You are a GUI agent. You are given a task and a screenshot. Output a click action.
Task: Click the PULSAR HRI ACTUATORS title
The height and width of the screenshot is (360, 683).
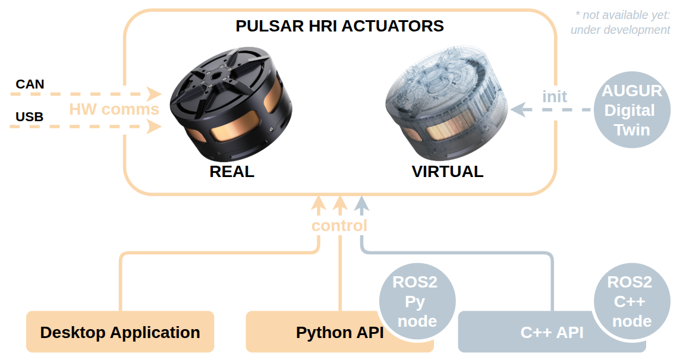click(x=339, y=27)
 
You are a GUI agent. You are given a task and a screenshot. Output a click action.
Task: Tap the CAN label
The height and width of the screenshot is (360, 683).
click(x=30, y=84)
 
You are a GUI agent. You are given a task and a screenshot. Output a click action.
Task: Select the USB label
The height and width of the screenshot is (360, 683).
click(x=30, y=117)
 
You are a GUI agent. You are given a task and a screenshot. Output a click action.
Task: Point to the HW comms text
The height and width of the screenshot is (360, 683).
click(x=114, y=109)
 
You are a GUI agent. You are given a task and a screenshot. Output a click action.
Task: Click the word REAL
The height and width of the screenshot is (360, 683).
click(x=232, y=172)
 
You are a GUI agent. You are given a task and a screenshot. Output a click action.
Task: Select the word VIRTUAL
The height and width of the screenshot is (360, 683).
click(x=448, y=172)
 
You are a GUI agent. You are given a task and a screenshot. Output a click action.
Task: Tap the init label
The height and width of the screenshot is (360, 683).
click(x=554, y=96)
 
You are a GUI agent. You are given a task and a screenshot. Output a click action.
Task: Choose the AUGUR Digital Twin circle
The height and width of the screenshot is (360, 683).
click(x=632, y=110)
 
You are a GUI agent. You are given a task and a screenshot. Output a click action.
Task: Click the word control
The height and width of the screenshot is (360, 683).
click(x=339, y=226)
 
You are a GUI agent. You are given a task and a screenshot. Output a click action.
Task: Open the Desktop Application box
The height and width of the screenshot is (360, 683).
click(x=120, y=332)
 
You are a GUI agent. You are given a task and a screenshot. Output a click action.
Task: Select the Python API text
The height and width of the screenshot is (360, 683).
click(x=339, y=332)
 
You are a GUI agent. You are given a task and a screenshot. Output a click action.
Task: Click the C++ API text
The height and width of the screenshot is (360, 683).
click(x=551, y=332)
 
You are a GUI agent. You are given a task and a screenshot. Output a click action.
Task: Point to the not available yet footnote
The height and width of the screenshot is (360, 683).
click(x=621, y=23)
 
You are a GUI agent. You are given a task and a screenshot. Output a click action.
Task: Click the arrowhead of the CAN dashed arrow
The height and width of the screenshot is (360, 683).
click(x=155, y=93)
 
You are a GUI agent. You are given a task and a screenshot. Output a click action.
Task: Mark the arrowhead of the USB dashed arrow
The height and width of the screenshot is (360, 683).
click(x=155, y=125)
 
